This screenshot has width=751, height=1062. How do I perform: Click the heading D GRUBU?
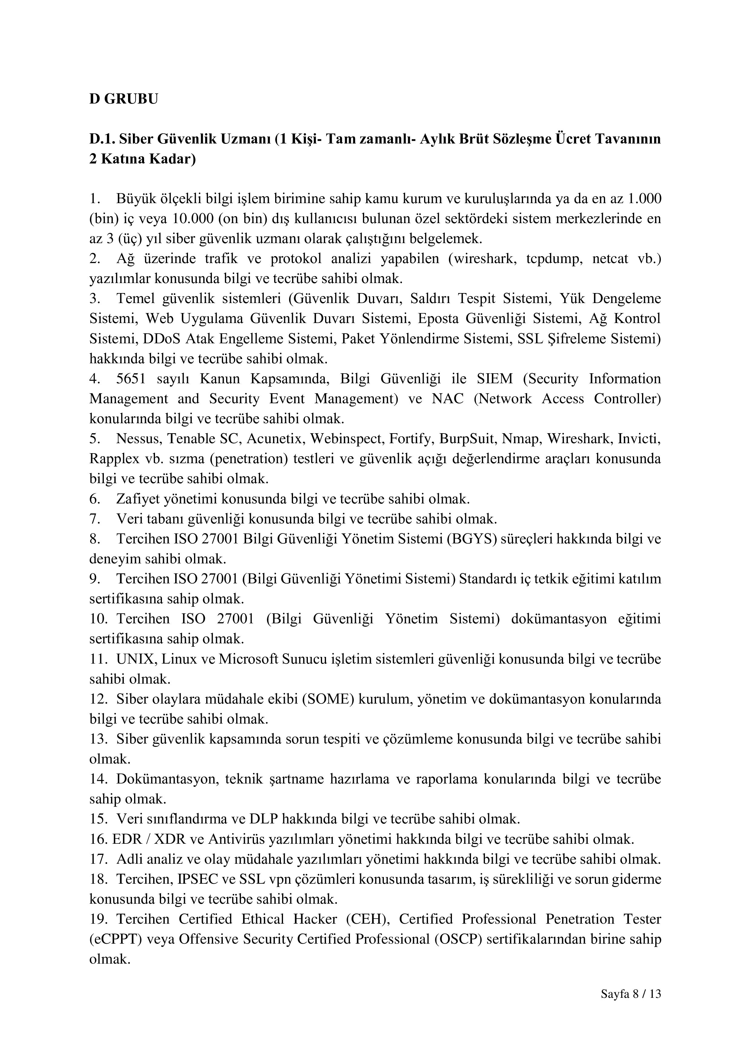pos(124,99)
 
